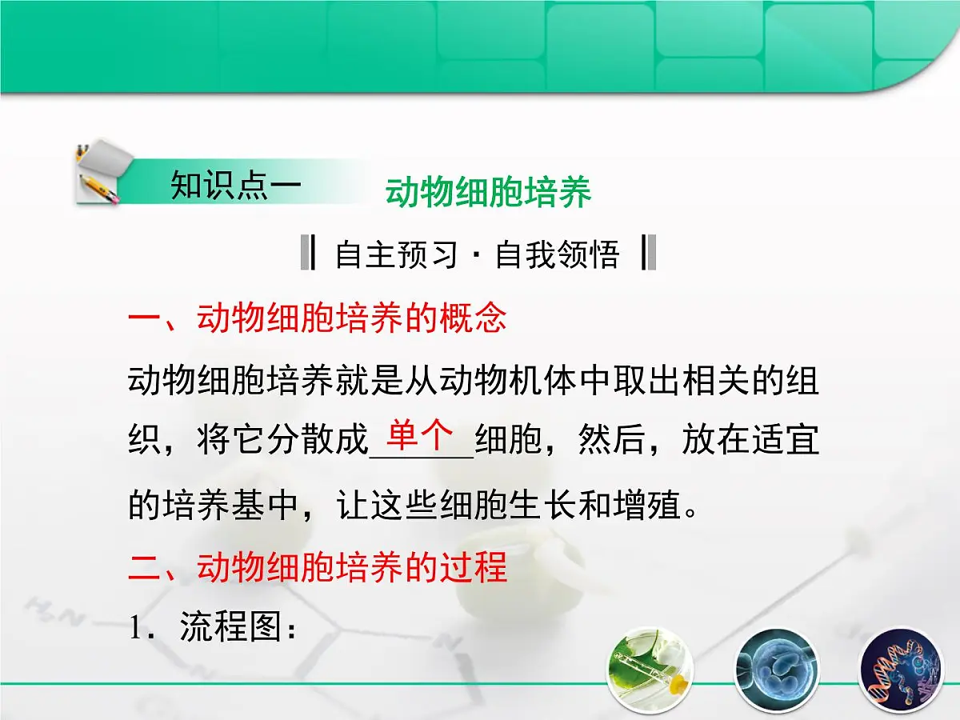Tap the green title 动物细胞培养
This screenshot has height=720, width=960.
click(488, 193)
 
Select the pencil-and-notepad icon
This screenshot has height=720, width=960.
click(102, 172)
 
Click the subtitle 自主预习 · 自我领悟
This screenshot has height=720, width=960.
click(478, 254)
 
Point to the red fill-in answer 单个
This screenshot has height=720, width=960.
click(420, 436)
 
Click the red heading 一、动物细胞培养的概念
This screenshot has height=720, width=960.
click(317, 318)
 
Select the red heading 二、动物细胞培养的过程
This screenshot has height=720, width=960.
click(317, 567)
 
